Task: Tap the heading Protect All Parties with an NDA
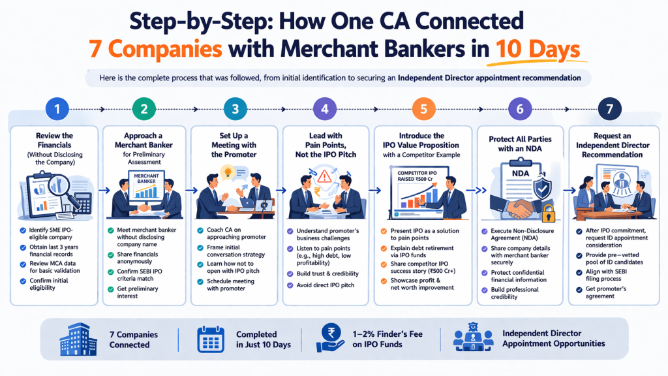pos(521,145)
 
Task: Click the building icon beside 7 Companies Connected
pos(78,339)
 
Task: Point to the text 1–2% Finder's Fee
pos(389,334)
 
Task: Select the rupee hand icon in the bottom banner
pos(331,339)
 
